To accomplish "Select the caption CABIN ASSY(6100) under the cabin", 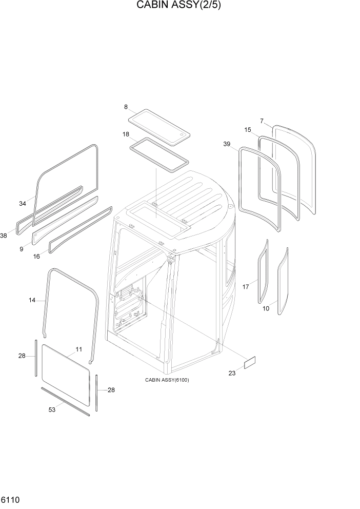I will click(167, 380).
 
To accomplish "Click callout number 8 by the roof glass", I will click(126, 107).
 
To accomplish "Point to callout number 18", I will click(126, 134).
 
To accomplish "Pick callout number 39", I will click(227, 144).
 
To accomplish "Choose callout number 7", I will click(262, 121).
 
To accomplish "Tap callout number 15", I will click(248, 130).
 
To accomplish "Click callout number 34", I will click(23, 204).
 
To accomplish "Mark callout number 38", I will click(4, 236).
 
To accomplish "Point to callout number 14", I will click(32, 300).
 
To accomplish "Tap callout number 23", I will click(232, 373).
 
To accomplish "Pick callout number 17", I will click(246, 287).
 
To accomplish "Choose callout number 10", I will click(266, 308).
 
